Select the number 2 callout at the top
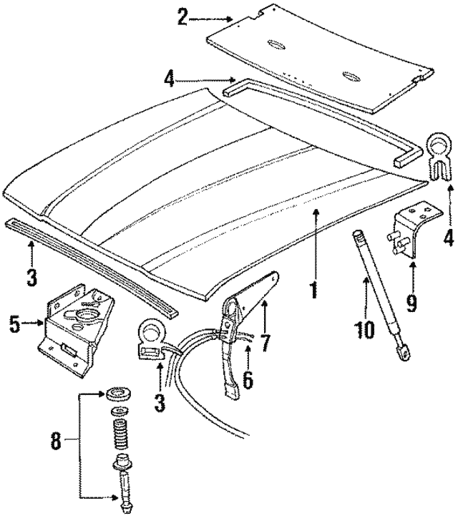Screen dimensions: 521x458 pyautogui.click(x=183, y=16)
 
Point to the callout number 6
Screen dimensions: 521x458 pyautogui.click(x=248, y=379)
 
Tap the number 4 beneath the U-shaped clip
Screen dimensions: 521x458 pyautogui.click(x=448, y=236)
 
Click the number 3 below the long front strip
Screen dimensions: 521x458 pyautogui.click(x=31, y=276)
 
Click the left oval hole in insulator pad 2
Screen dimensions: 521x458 pyautogui.click(x=276, y=47)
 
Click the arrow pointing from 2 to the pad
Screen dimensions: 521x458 pyautogui.click(x=215, y=17)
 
